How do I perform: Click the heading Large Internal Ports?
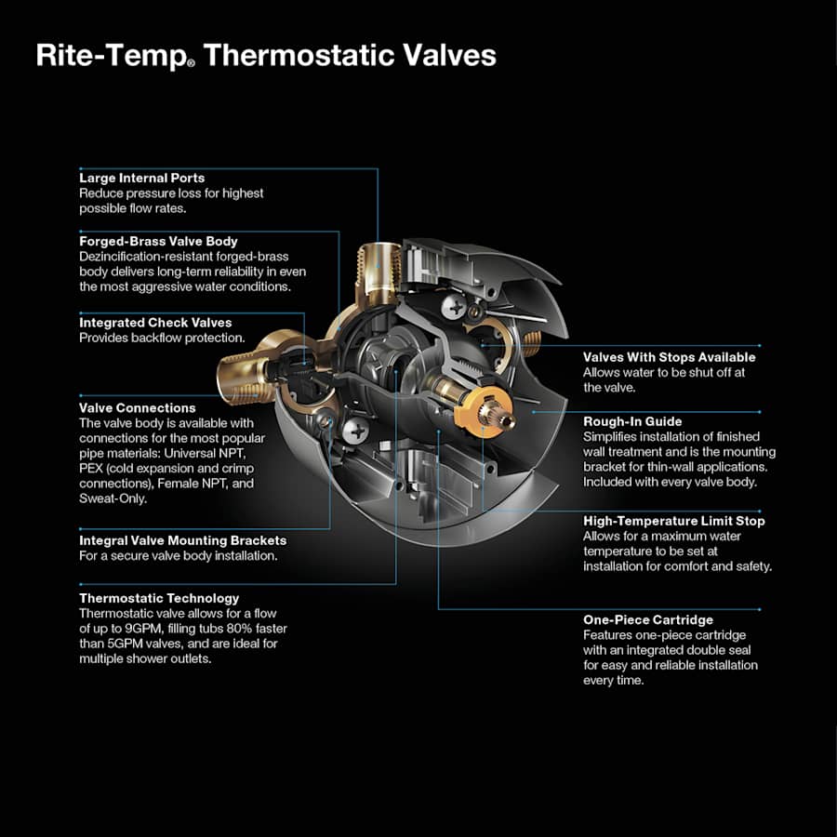(x=141, y=178)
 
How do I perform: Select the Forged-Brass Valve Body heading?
(x=158, y=242)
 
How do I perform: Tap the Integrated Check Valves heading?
(x=155, y=323)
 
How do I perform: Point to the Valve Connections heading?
(x=137, y=407)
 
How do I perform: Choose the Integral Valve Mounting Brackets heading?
(x=182, y=540)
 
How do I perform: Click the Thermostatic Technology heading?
(x=159, y=598)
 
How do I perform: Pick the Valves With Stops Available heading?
(x=669, y=357)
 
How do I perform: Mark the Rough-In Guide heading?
(x=632, y=421)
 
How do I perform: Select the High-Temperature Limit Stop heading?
(x=673, y=521)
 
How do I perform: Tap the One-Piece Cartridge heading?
(x=648, y=619)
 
